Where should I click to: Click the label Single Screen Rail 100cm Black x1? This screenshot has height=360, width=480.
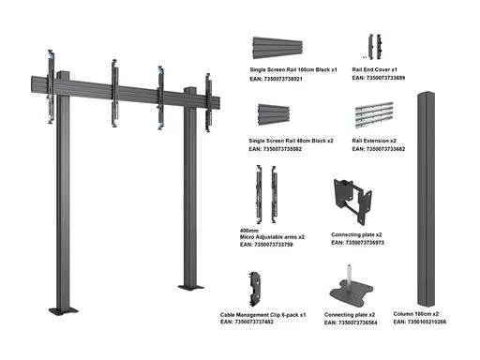(293, 69)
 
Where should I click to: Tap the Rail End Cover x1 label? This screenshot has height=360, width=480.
(374, 69)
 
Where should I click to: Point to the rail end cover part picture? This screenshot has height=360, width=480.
(375, 47)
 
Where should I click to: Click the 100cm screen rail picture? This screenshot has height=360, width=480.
(277, 48)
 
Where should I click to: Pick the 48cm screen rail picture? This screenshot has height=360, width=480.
(274, 114)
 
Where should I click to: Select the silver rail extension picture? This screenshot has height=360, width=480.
(374, 114)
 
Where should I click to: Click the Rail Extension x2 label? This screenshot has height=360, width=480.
(374, 141)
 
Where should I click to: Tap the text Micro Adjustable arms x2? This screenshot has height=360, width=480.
(272, 237)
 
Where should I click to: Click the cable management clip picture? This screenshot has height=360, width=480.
(255, 289)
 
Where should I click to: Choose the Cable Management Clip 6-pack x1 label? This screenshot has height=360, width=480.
(262, 315)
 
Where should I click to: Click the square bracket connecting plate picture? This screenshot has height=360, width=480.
(353, 202)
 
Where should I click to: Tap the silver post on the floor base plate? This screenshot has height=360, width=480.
(350, 274)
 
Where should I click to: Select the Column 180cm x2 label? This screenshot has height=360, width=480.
(416, 314)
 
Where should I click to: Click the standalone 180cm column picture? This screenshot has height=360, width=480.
(426, 200)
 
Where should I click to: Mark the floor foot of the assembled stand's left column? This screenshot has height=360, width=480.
(64, 311)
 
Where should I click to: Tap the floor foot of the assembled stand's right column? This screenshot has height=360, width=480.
(190, 287)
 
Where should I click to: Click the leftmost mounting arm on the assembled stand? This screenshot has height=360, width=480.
(51, 86)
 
